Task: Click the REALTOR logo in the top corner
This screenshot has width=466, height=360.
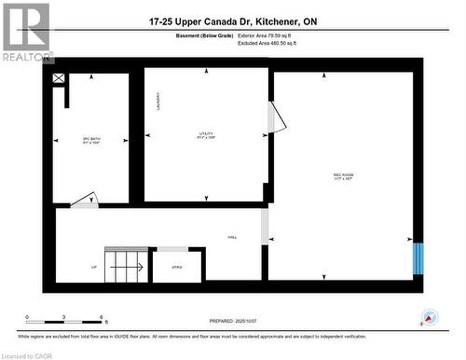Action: (26, 32)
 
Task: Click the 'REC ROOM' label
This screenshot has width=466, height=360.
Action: (343, 174)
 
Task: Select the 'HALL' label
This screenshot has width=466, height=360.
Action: (231, 237)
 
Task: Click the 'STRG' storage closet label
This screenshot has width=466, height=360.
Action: (177, 267)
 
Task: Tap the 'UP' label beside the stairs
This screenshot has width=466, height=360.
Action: (93, 267)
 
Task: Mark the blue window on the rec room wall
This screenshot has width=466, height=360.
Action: (418, 258)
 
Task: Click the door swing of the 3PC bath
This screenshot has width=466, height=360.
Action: (84, 199)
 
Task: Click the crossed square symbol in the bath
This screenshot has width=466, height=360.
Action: (60, 79)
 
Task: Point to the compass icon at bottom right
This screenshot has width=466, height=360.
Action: (429, 318)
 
